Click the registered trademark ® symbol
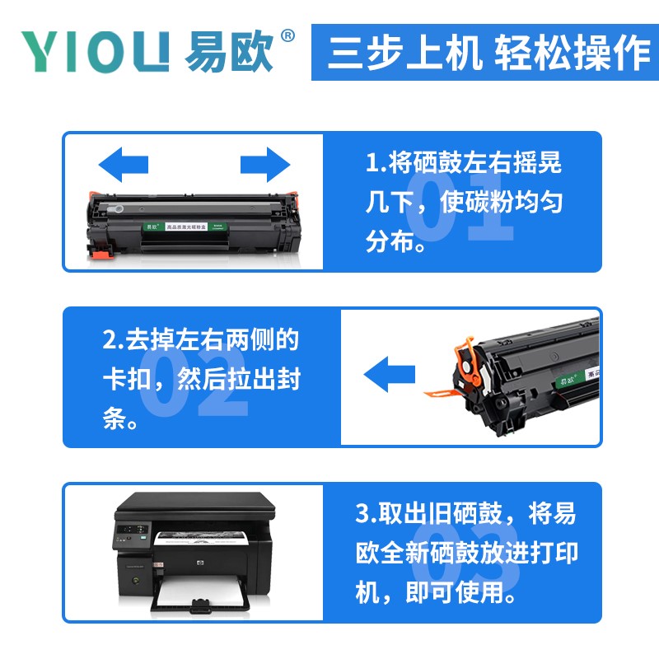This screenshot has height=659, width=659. click(x=287, y=36)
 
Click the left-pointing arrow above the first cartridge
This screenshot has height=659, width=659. click(x=124, y=165)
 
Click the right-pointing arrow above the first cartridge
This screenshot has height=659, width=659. click(x=265, y=165)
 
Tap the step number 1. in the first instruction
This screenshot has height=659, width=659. click(x=376, y=163)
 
